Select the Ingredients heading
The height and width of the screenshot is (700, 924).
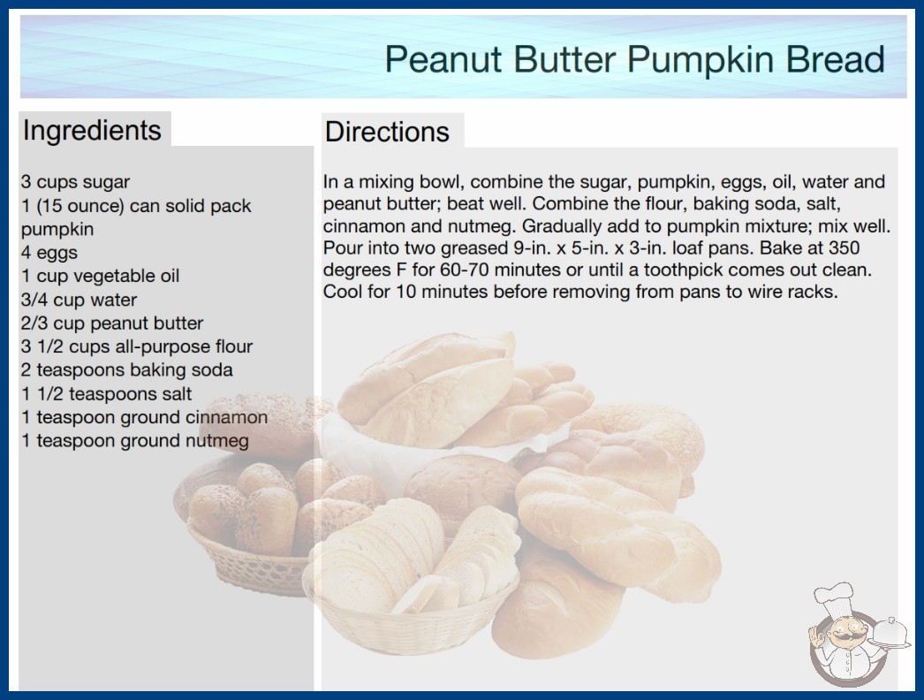pyautogui.click(x=92, y=131)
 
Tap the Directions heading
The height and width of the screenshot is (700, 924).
pyautogui.click(x=387, y=132)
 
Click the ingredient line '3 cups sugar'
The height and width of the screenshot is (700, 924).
pyautogui.click(x=75, y=182)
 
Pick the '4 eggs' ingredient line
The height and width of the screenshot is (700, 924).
pyautogui.click(x=49, y=253)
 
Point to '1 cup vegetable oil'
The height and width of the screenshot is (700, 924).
pyautogui.click(x=100, y=276)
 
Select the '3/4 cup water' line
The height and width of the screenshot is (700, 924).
pyautogui.click(x=79, y=300)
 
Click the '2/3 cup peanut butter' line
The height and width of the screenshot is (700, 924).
pyautogui.click(x=112, y=323)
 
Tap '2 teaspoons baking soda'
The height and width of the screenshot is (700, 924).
pyautogui.click(x=127, y=369)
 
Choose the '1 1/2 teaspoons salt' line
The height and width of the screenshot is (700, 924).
pyautogui.click(x=107, y=393)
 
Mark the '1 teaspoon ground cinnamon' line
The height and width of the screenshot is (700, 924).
pyautogui.click(x=144, y=417)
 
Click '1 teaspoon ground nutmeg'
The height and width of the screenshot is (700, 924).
pyautogui.click(x=135, y=440)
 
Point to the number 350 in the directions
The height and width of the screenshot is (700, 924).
pyautogui.click(x=844, y=247)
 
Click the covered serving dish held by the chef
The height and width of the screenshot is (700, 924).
pyautogui.click(x=891, y=633)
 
